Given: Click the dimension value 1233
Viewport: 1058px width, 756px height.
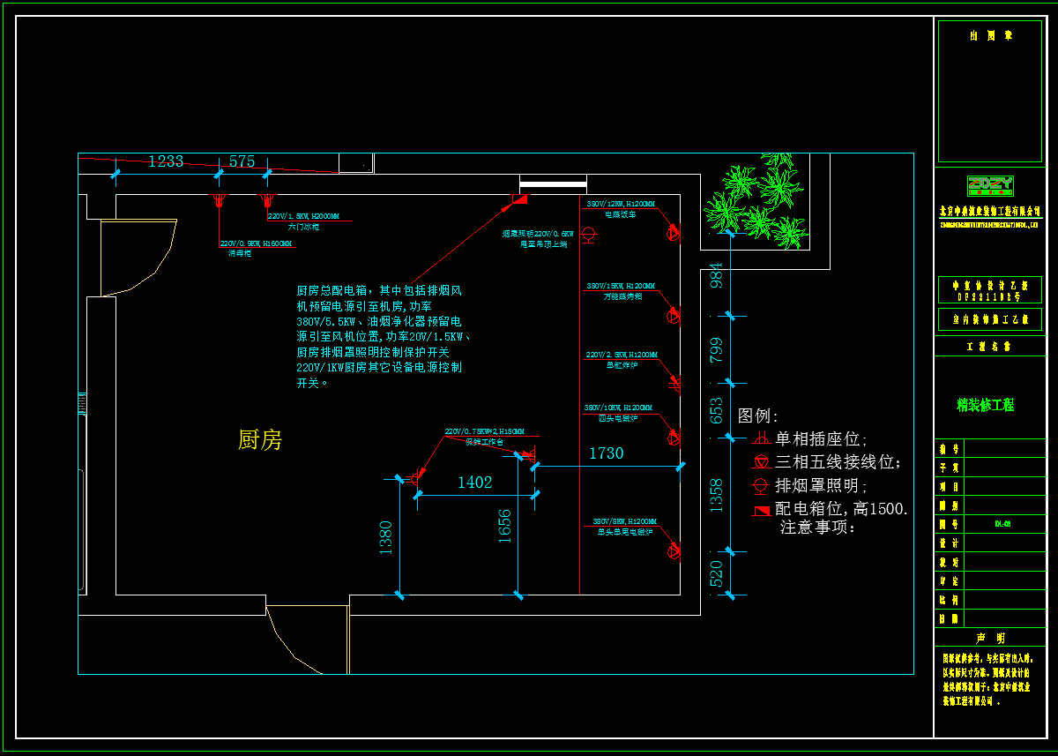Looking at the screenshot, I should (166, 161).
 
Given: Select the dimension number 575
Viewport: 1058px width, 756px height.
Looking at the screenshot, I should (242, 161).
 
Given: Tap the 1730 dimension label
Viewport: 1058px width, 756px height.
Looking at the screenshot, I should (606, 453).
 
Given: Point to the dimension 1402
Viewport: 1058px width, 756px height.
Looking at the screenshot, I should (474, 483).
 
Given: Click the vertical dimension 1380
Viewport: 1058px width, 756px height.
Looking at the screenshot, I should (385, 537).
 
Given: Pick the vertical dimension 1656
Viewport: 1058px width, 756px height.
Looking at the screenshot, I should (504, 526).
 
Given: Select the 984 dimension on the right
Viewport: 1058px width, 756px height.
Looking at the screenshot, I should (716, 275).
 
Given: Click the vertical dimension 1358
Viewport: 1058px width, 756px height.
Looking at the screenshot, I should (716, 495).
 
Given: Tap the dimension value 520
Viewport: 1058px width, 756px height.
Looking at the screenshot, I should (716, 573).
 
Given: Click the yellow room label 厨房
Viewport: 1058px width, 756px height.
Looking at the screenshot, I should (260, 439).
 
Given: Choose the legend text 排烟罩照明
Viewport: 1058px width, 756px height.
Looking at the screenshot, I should (821, 485).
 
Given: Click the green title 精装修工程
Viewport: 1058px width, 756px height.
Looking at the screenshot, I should (986, 405).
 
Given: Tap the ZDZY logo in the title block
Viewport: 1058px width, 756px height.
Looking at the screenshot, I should (990, 185).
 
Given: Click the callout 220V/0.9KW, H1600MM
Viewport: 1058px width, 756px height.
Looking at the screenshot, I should (257, 243).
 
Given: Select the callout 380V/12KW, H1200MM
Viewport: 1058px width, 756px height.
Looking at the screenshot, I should (622, 205).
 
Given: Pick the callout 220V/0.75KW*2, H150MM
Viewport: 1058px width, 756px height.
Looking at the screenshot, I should (484, 431).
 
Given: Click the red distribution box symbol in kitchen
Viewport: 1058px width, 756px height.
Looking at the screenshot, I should (519, 199).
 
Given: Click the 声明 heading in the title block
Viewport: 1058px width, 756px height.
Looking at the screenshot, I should (989, 638).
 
